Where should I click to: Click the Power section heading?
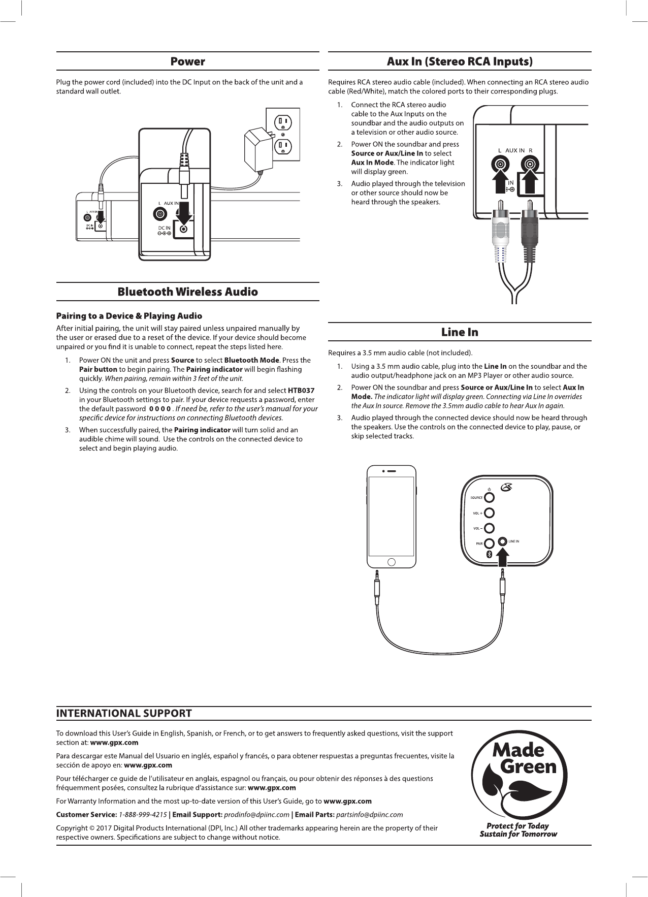pyautogui.click(x=187, y=62)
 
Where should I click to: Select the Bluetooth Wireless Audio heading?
pyautogui.click(x=187, y=292)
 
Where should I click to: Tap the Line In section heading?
pyautogui.click(x=460, y=332)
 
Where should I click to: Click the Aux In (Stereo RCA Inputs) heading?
pyautogui.click(x=460, y=62)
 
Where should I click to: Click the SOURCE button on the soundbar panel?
pyautogui.click(x=489, y=497)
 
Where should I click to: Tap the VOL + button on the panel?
pyautogui.click(x=489, y=513)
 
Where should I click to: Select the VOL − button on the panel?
pyautogui.click(x=489, y=528)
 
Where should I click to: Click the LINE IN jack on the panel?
pyautogui.click(x=503, y=541)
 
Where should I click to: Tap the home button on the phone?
pyautogui.click(x=392, y=562)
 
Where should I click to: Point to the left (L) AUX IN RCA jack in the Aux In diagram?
pyautogui.click(x=501, y=164)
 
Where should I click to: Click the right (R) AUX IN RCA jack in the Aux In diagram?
pyautogui.click(x=530, y=164)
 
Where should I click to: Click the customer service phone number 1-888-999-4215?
pyautogui.click(x=143, y=815)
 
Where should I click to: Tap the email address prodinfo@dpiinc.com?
pyautogui.click(x=256, y=815)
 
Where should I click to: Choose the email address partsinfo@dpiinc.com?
pyautogui.click(x=370, y=815)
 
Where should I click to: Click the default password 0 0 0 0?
pyautogui.click(x=159, y=409)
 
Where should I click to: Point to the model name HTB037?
pyautogui.click(x=301, y=391)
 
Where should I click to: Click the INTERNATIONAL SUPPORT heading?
pyautogui.click(x=124, y=713)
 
